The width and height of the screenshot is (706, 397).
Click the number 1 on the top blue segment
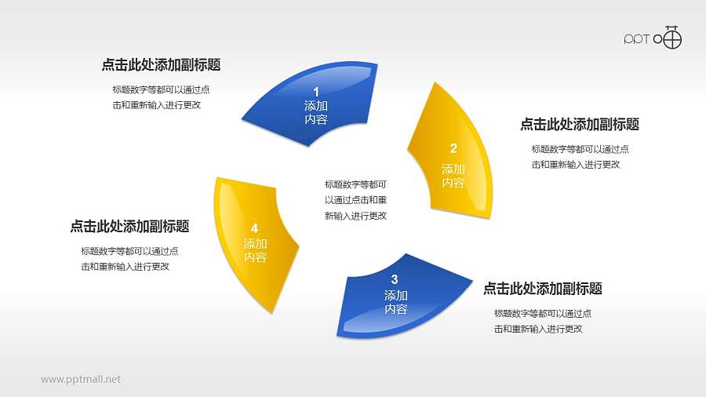pos(316,92)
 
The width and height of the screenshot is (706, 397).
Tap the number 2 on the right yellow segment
pos(453,148)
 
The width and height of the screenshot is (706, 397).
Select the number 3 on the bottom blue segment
pos(395,279)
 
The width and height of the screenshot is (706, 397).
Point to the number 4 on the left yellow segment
pos(254,228)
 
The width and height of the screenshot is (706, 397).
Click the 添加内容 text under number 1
pos(316,113)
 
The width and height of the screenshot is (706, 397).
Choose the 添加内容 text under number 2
pos(453,176)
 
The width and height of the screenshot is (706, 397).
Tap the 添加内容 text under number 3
pos(396,302)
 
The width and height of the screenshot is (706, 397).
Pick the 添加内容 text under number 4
pos(255,250)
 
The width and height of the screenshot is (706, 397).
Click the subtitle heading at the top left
pos(161,65)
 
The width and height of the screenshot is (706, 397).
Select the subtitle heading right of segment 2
pos(580,124)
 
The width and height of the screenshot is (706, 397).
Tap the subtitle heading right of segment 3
pos(543,289)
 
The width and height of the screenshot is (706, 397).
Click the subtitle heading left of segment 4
pos(129,226)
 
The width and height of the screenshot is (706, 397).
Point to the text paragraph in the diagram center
pos(355,200)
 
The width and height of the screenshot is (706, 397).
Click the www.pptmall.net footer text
pos(81,379)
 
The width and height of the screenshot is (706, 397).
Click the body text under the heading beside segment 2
pos(580,157)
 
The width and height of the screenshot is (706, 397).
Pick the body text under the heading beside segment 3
pos(543,321)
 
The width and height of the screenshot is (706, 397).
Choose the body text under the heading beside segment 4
pos(129,259)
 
